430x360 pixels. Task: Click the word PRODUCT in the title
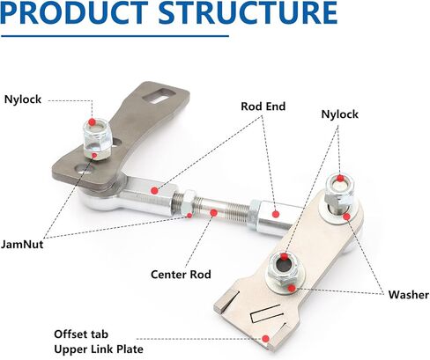pos(74,12)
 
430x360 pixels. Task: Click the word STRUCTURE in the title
pos(248,12)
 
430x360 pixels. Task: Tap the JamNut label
pos(22,244)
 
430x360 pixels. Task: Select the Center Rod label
pos(181,275)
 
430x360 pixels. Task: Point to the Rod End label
pos(263,107)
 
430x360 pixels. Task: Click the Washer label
pos(409,295)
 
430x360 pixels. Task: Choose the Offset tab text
pos(81,334)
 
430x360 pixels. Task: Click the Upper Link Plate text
pos(99,349)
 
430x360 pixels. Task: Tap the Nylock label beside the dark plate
pos(23,99)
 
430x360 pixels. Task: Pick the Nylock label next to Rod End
pos(340,114)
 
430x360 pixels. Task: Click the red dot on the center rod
pos(214,213)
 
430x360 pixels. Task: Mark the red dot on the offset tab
pos(265,339)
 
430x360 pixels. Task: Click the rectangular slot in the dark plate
pos(159,95)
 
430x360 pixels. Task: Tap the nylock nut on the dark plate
pos(97,138)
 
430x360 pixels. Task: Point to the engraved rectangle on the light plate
pos(265,313)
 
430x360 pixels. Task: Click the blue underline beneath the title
pos(115,36)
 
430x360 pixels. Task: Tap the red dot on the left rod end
pos(154,191)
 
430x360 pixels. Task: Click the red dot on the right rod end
pos(275,214)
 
